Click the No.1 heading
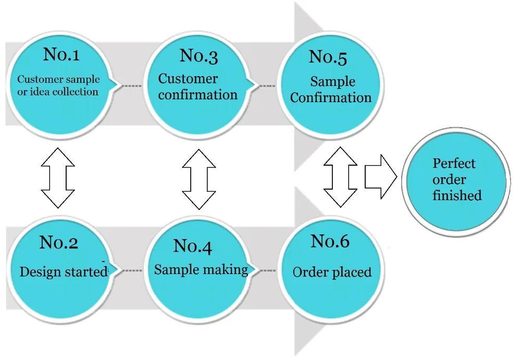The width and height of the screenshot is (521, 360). point(61,54)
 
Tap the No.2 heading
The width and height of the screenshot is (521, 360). point(59,242)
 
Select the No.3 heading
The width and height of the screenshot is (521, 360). point(199,56)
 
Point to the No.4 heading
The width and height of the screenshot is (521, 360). point(192,246)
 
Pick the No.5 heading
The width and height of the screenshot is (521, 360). point(328,57)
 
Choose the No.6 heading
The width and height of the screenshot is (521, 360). point(330,241)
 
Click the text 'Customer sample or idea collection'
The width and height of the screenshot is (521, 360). point(58,85)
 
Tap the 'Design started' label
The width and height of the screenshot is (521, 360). point(63,272)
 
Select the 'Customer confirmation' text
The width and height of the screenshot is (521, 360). point(197,87)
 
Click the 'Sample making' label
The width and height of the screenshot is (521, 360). point(201,269)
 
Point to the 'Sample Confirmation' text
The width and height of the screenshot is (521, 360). point(331,90)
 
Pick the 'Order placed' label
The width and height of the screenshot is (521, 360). point(332,272)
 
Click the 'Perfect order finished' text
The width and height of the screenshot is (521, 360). point(456,180)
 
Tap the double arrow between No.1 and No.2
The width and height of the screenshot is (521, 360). point(58,177)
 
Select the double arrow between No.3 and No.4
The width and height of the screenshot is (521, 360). point(199,178)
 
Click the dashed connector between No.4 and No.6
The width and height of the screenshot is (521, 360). point(267,270)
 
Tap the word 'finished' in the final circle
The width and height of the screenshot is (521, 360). point(457,196)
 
